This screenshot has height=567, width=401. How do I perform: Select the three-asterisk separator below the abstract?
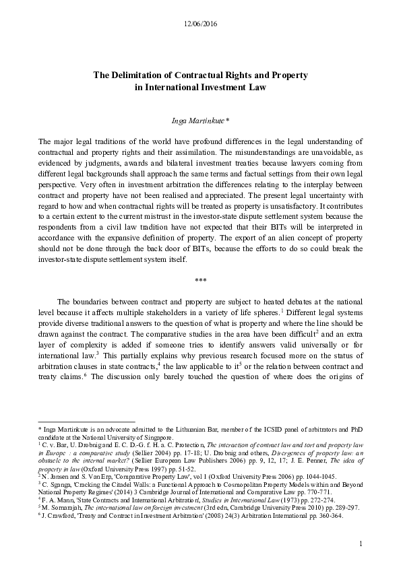coord(200,278)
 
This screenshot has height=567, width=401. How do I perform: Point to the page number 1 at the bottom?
coord(361,543)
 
